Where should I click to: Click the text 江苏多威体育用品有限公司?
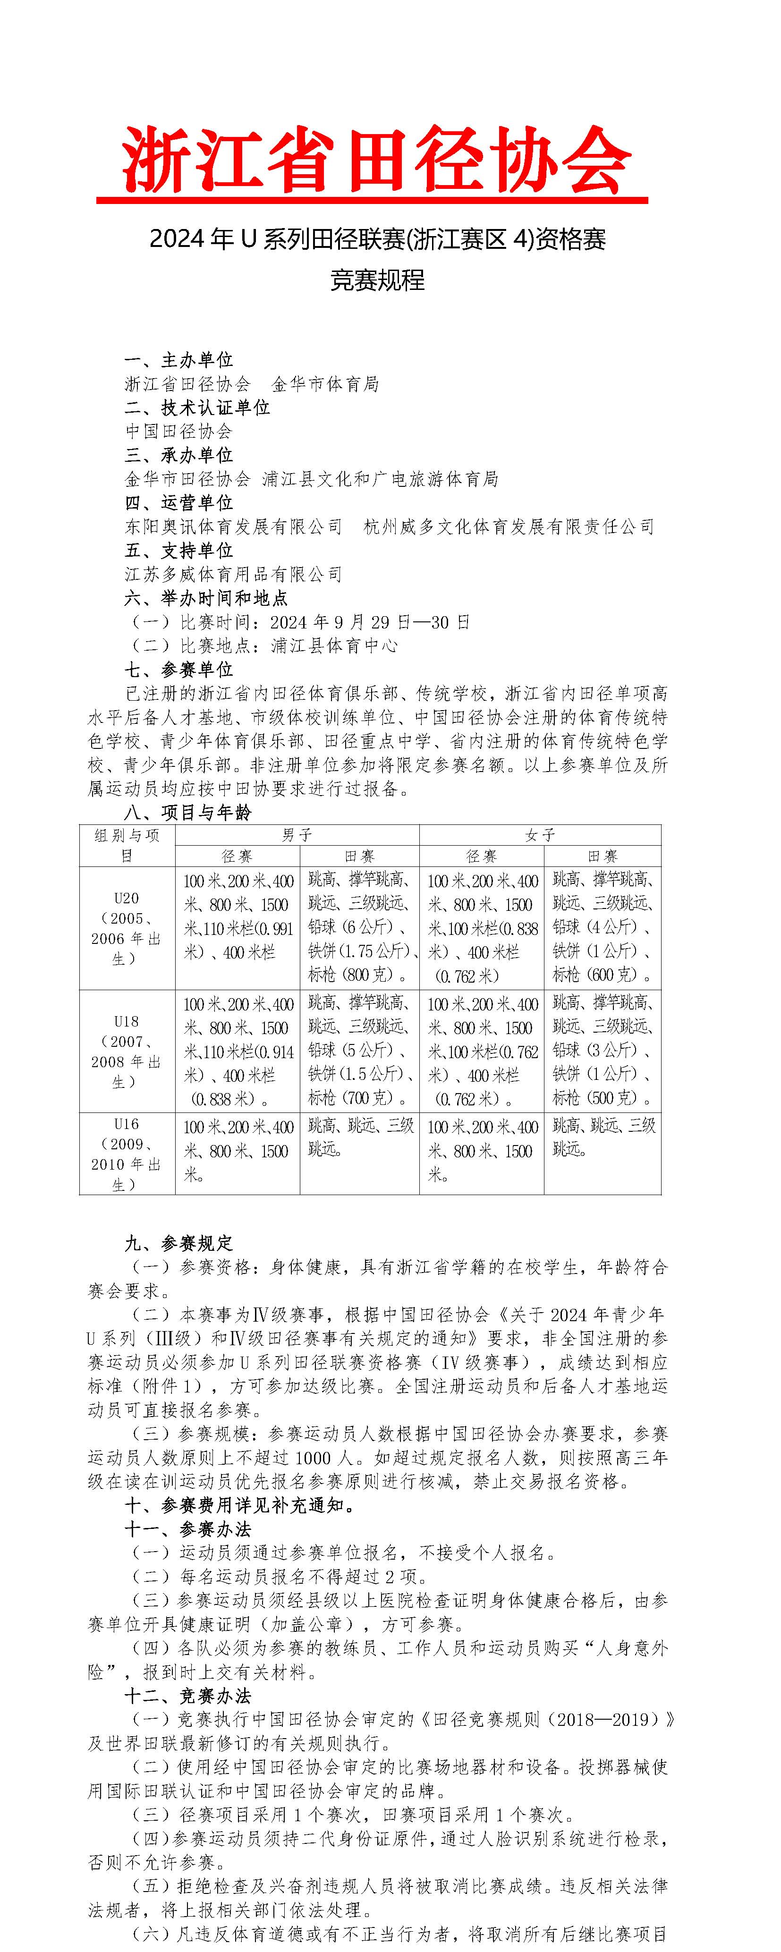233,574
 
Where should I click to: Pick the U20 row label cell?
127,928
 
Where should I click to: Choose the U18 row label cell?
127,1051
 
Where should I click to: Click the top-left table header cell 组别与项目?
127,845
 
